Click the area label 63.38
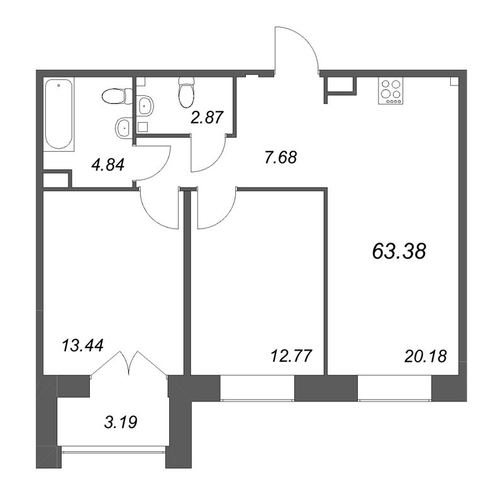399,252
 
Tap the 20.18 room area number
425,356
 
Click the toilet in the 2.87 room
185,94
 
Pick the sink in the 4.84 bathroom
124,128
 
